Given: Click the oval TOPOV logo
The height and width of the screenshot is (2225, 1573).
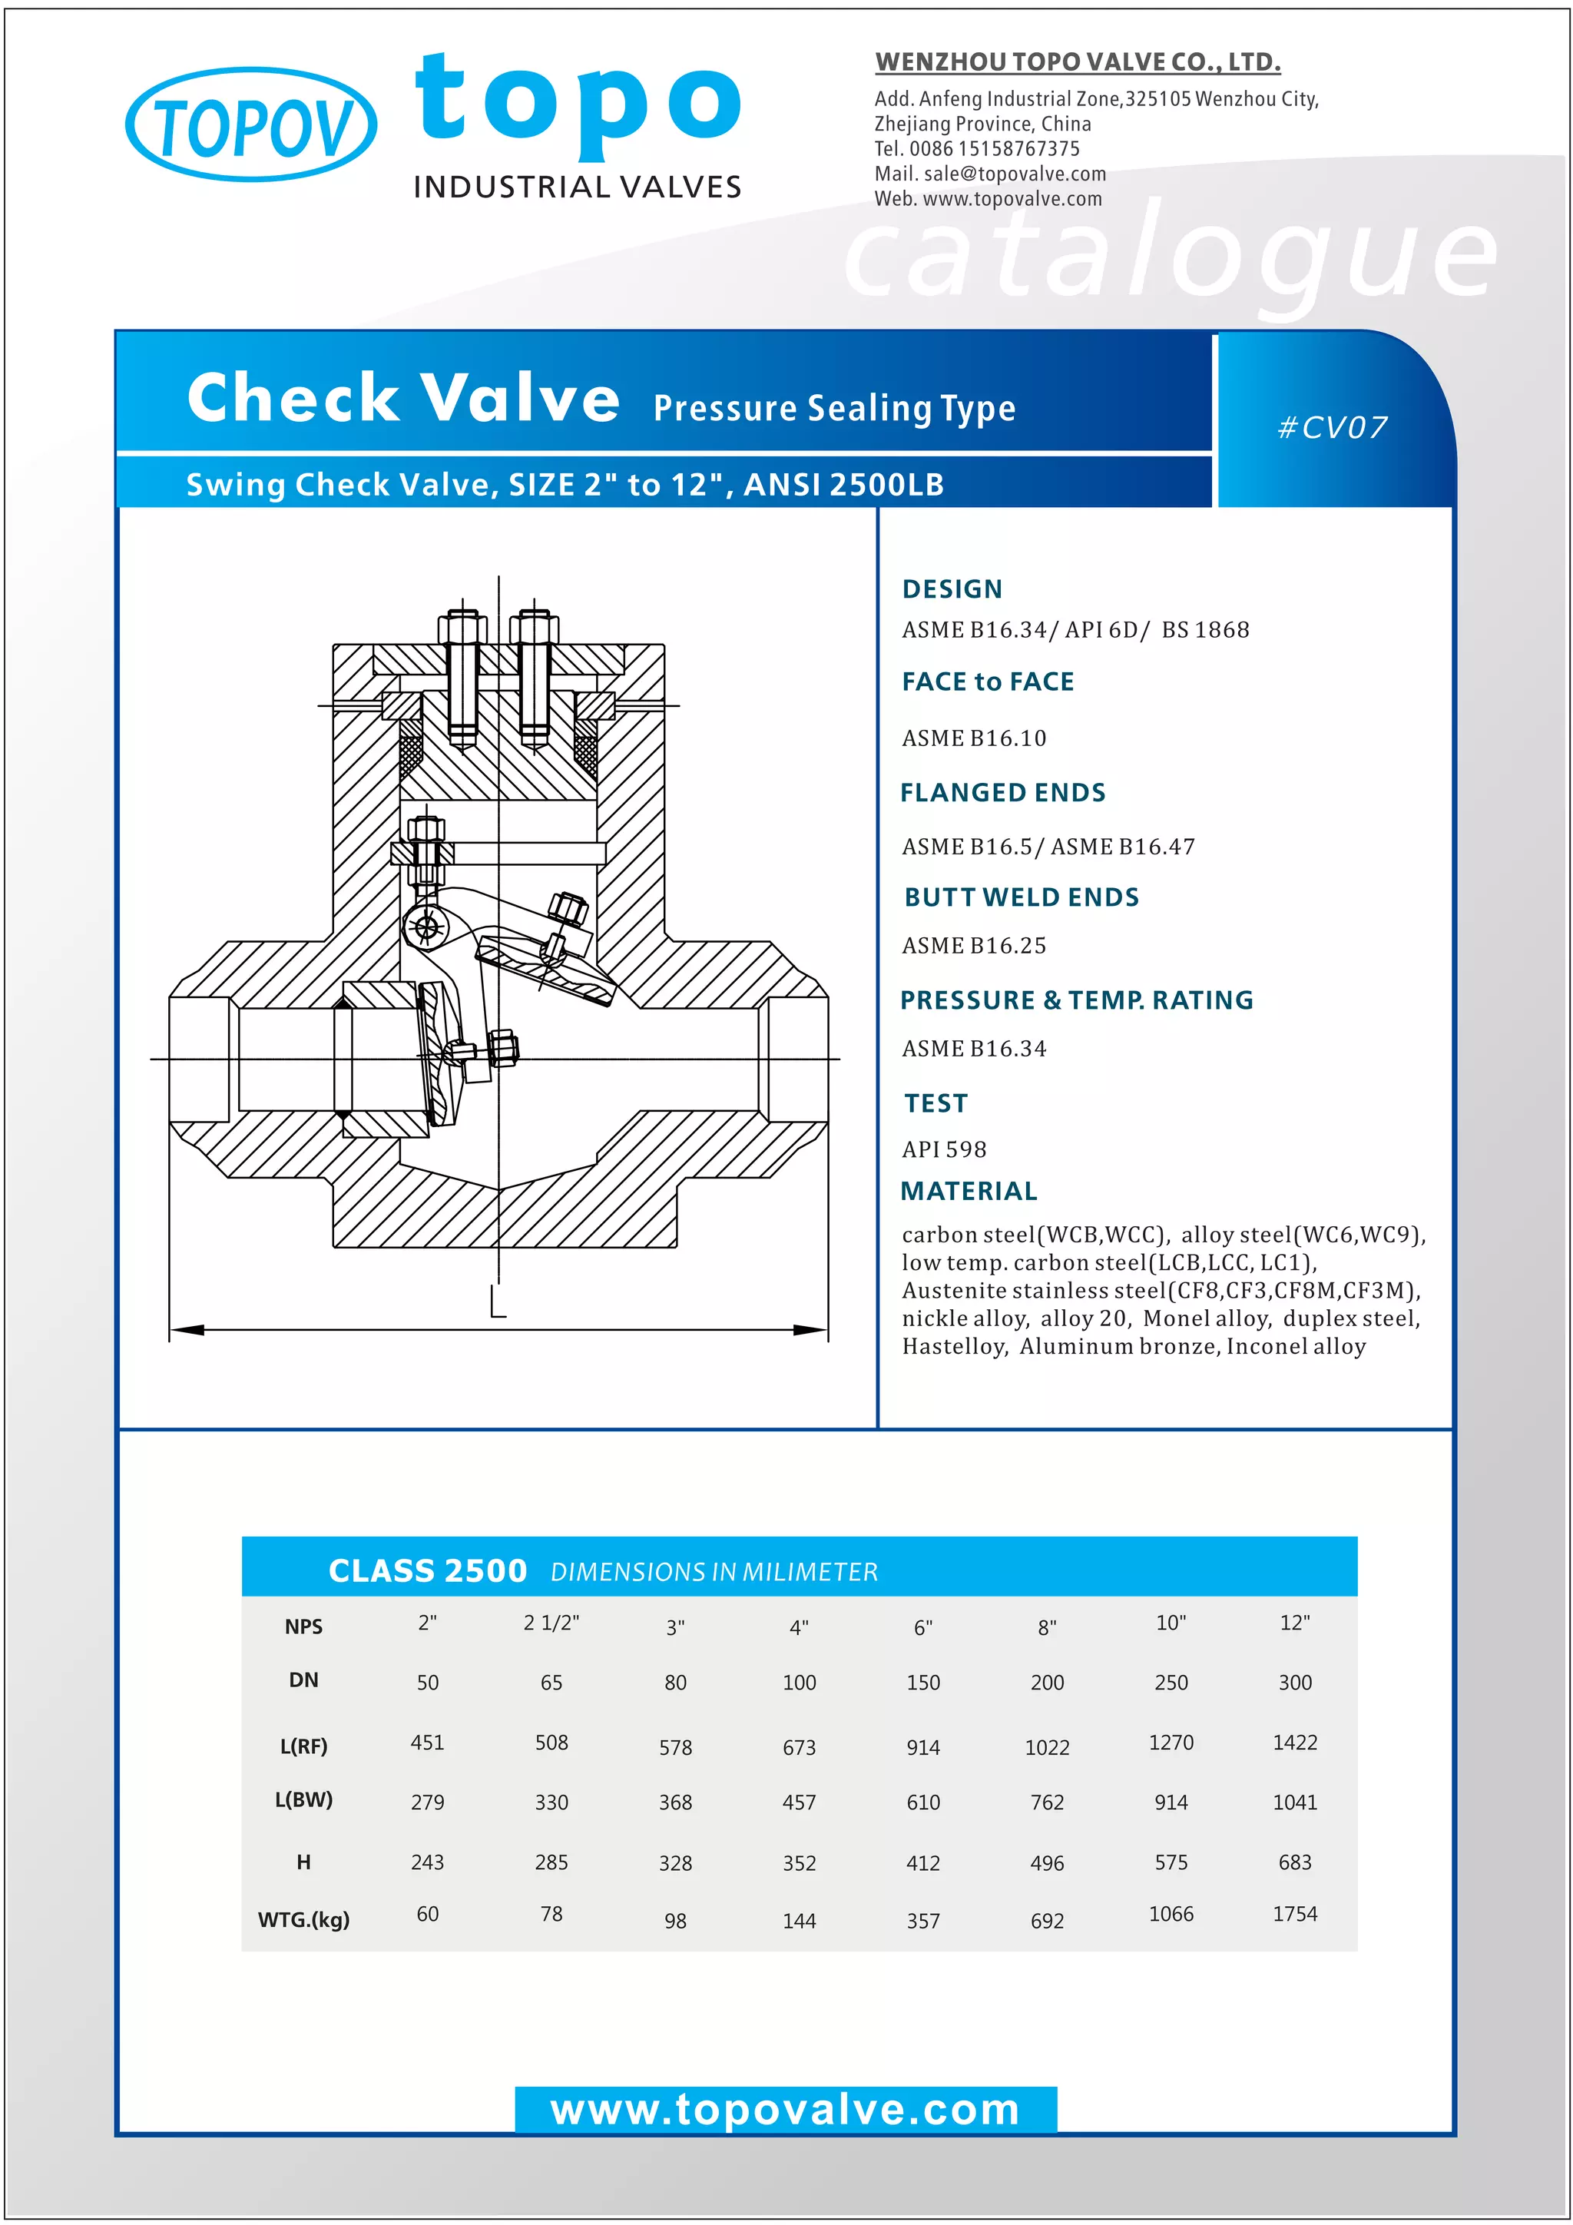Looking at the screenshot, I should click(251, 125).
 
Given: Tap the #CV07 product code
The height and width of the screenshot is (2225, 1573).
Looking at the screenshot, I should click(1333, 427).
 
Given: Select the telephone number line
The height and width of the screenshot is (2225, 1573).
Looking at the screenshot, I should click(976, 148).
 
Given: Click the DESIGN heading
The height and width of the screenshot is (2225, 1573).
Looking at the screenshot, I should click(952, 589).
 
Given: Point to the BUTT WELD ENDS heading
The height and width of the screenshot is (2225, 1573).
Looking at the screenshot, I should click(1021, 897).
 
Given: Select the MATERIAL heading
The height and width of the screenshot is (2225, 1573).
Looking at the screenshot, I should click(969, 1191).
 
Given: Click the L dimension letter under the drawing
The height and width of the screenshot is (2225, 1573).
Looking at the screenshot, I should click(498, 1302).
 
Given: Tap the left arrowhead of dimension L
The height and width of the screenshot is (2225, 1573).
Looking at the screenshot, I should click(187, 1330).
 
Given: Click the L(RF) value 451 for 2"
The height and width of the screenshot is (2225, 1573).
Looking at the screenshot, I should click(427, 1743).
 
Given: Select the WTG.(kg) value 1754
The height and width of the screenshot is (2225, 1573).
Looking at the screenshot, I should click(1294, 1914).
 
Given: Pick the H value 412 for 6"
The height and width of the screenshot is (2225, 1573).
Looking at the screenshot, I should click(923, 1862).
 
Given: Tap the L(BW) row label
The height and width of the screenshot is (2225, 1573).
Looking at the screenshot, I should click(303, 1799).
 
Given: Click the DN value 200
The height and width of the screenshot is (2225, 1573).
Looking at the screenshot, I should click(1047, 1683).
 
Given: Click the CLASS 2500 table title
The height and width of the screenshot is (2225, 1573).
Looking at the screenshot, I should click(427, 1571).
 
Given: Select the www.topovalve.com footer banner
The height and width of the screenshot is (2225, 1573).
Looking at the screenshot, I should click(786, 2111).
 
